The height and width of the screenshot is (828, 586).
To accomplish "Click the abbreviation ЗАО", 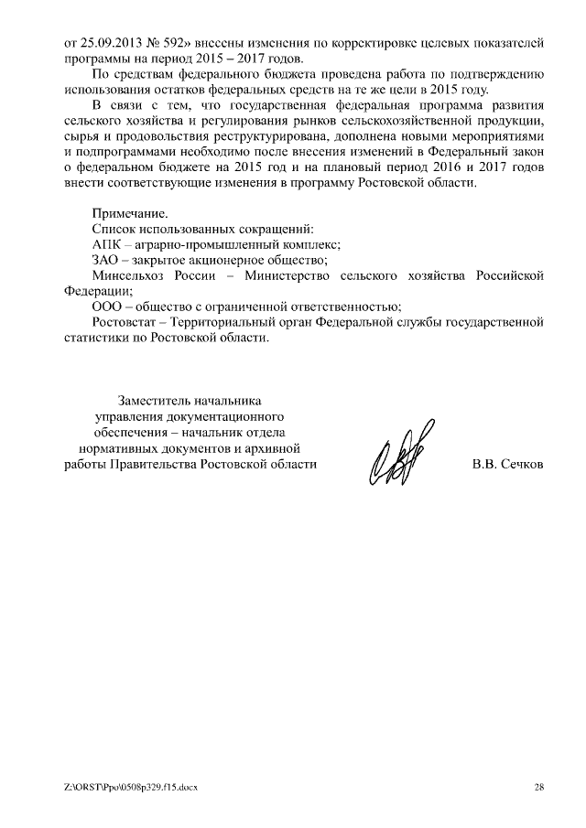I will click(x=105, y=260).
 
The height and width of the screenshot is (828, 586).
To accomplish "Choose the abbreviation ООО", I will click(x=106, y=306).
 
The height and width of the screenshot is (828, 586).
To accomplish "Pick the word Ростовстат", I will click(x=125, y=322).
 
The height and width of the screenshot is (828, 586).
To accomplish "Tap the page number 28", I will click(x=538, y=787).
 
